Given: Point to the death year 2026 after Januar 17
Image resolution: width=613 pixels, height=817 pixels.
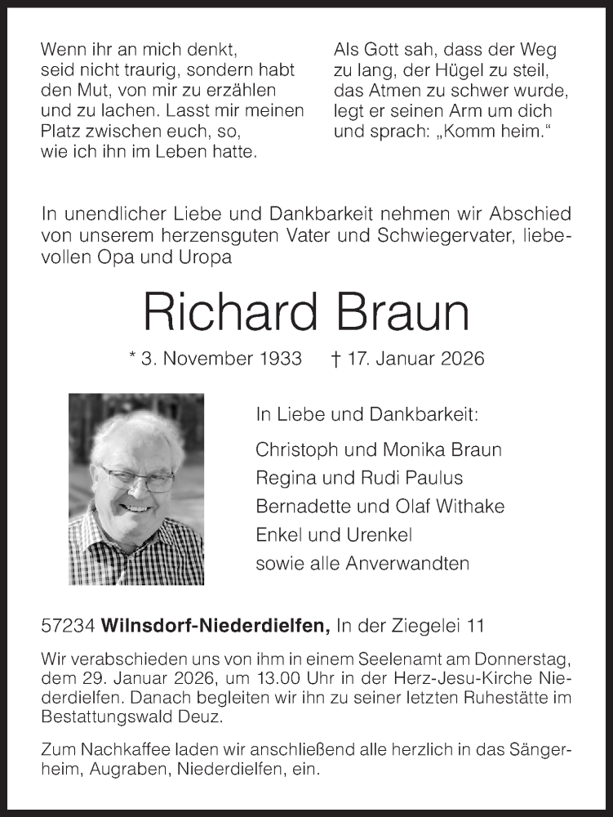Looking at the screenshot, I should point(462,358).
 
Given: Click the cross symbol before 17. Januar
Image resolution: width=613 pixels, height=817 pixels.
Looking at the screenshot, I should point(335,358).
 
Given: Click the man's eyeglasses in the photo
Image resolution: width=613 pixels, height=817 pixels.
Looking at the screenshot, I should point(137,478).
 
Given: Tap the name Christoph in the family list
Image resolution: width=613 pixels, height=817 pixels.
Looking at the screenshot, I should point(295,449).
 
